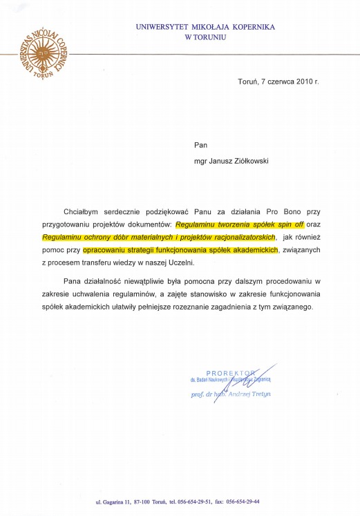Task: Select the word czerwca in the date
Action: point(276,81)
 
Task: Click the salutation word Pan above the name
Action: point(200,145)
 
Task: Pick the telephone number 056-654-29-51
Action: point(196,501)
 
